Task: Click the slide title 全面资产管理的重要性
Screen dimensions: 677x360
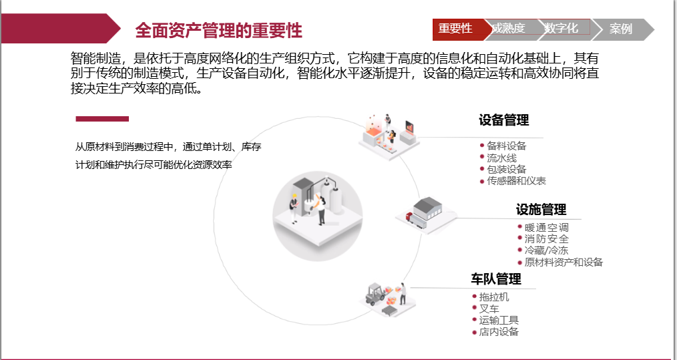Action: pos(218,30)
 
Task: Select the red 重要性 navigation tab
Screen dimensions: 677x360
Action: pos(455,28)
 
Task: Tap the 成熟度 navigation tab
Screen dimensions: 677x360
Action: pos(509,28)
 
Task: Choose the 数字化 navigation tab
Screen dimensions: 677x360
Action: pos(561,28)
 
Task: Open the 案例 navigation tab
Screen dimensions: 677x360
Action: pos(620,29)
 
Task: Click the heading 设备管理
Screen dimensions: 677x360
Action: pos(503,120)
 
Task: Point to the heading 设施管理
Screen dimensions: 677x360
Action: pos(541,210)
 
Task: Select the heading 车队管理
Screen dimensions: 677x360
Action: pos(495,279)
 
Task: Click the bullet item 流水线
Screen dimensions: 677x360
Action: pos(501,158)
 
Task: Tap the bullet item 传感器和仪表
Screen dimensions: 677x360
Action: pos(516,181)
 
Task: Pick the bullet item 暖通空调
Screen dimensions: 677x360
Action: pos(546,228)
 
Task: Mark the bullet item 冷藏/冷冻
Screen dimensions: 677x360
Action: pos(546,250)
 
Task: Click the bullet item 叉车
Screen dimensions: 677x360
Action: pos(489,309)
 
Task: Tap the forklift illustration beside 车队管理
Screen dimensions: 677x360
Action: pos(387,296)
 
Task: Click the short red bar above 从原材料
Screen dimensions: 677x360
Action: pos(102,119)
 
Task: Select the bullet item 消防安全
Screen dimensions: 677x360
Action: pos(546,239)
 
